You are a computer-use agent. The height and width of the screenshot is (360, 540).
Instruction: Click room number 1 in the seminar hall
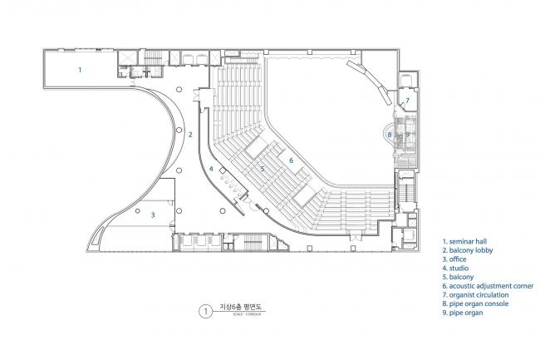(x=80, y=70)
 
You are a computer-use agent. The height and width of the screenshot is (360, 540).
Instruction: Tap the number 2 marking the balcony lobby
(x=190, y=134)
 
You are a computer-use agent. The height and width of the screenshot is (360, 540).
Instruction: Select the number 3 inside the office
(x=152, y=214)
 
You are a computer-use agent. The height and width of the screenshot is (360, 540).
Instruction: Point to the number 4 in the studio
(x=211, y=169)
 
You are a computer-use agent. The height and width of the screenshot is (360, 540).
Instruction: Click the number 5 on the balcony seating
(x=263, y=169)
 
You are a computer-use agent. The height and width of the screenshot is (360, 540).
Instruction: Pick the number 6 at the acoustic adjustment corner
(x=292, y=160)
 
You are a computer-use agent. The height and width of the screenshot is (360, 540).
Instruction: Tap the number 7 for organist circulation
(x=407, y=101)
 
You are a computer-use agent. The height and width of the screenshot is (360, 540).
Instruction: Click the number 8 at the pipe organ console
(x=389, y=134)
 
